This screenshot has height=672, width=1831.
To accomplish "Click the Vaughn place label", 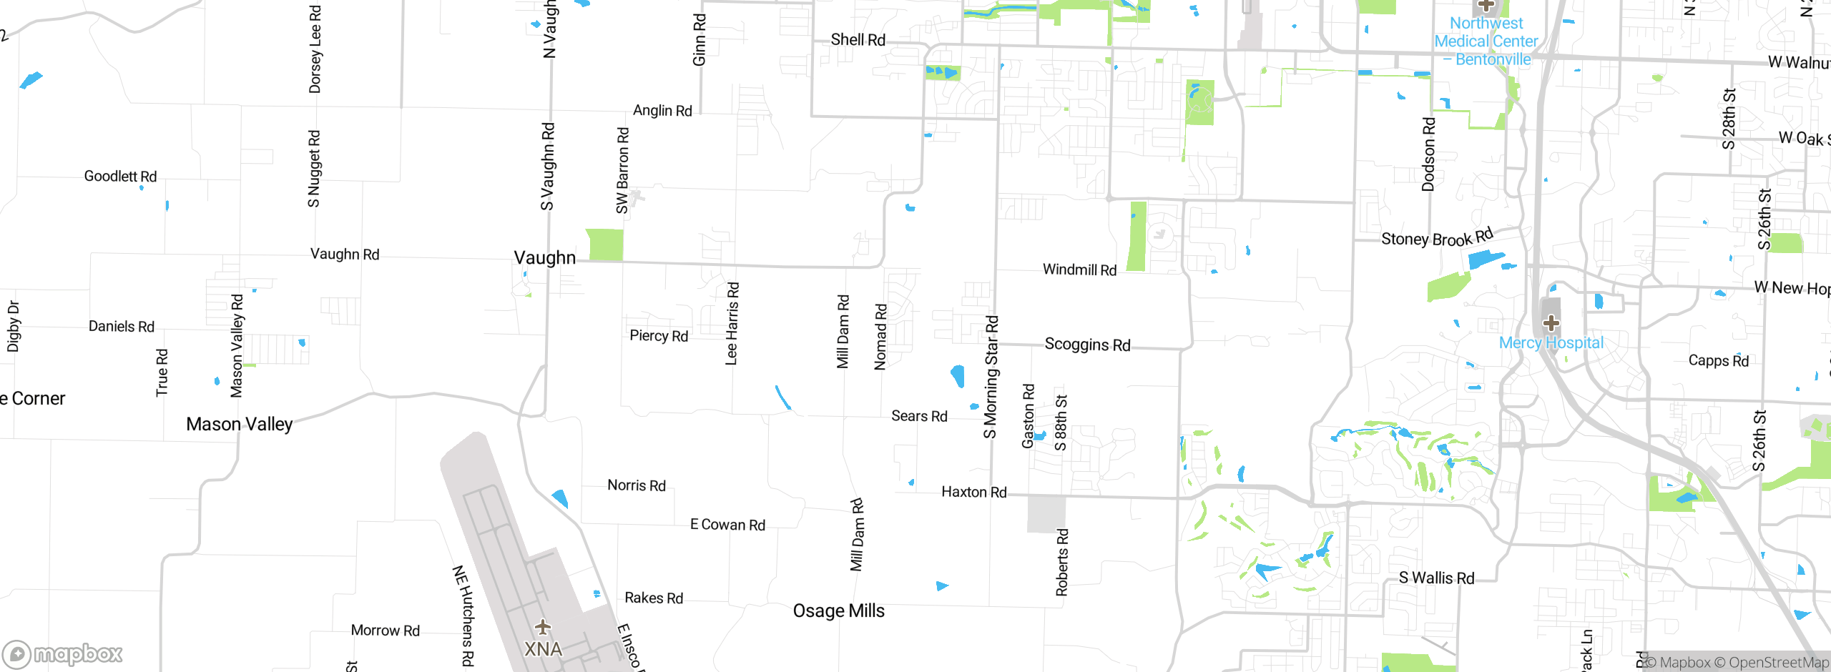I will pyautogui.click(x=544, y=258).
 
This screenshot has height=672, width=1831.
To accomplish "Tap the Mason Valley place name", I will pyautogui.click(x=239, y=424).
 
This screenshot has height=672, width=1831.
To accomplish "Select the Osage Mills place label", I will pyautogui.click(x=838, y=611).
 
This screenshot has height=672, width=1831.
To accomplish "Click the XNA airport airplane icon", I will pyautogui.click(x=543, y=628).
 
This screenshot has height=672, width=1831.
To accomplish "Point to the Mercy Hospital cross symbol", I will pyautogui.click(x=1551, y=323).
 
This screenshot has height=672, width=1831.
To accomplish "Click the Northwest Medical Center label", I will pyautogui.click(x=1486, y=41).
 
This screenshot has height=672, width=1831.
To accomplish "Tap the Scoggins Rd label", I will pyautogui.click(x=1087, y=345).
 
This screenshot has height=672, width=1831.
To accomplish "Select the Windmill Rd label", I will pyautogui.click(x=1079, y=270).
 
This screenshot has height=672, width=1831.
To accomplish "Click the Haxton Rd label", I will pyautogui.click(x=973, y=492).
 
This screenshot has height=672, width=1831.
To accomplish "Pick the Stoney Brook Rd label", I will pyautogui.click(x=1436, y=237).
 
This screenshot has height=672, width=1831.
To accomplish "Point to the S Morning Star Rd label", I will pyautogui.click(x=991, y=377).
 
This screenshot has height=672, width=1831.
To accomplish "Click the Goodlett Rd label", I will pyautogui.click(x=120, y=176).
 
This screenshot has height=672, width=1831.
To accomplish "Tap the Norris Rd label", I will pyautogui.click(x=636, y=485).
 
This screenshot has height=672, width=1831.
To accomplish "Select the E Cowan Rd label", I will pyautogui.click(x=727, y=525).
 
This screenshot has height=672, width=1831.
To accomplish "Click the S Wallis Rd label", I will pyautogui.click(x=1436, y=578).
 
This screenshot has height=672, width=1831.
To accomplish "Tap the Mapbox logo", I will pyautogui.click(x=63, y=653).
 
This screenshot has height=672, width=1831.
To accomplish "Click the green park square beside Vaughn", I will pyautogui.click(x=604, y=244).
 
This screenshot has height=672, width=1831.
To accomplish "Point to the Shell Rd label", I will pyautogui.click(x=858, y=40).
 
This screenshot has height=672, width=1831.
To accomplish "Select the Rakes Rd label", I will pyautogui.click(x=654, y=598).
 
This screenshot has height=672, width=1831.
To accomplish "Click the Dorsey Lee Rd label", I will pyautogui.click(x=315, y=49).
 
